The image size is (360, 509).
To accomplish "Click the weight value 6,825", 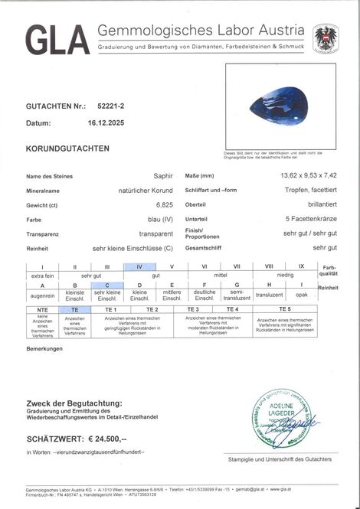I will click(x=166, y=205).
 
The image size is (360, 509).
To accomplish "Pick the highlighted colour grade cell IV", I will click(x=139, y=266).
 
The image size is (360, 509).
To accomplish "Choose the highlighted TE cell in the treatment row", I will click(x=75, y=309).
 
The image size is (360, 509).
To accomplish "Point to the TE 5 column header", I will click(x=284, y=309).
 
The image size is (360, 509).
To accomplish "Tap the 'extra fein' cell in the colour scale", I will click(x=43, y=276).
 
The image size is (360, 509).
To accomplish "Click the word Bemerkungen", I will click(x=44, y=348).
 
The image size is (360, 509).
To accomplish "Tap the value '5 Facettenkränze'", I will click(x=310, y=220).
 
